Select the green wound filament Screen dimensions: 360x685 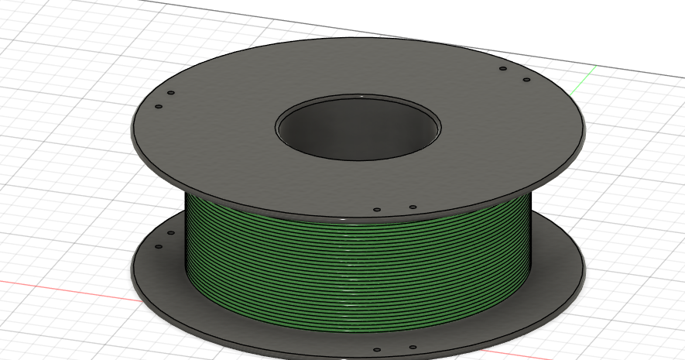pyautogui.click(x=356, y=263)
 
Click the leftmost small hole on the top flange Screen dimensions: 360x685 pyautogui.click(x=159, y=107)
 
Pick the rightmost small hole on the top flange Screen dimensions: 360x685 pyautogui.click(x=526, y=80)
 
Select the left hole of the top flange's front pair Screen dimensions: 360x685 pyautogui.click(x=377, y=209)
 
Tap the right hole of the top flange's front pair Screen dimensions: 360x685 pyautogui.click(x=413, y=207)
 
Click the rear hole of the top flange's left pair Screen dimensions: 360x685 pyautogui.click(x=171, y=93)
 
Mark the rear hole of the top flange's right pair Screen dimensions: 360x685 pyautogui.click(x=503, y=69)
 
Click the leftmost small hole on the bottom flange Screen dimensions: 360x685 pyautogui.click(x=159, y=247)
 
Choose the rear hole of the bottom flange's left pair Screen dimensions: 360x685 pyautogui.click(x=171, y=233)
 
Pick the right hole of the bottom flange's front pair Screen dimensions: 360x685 pyautogui.click(x=413, y=347)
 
